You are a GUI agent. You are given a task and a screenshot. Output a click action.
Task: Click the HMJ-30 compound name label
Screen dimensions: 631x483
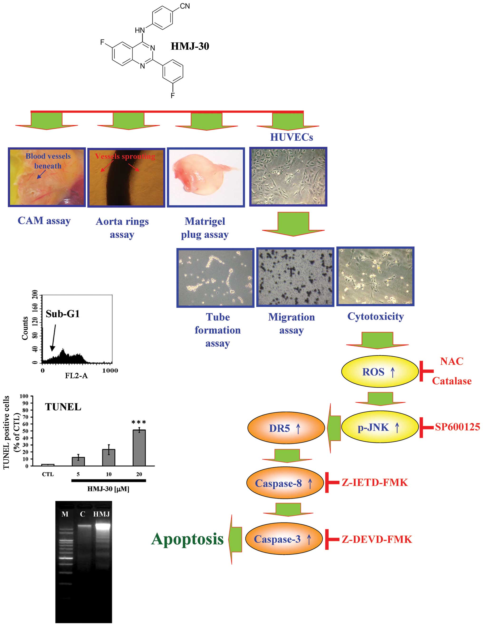[190, 46]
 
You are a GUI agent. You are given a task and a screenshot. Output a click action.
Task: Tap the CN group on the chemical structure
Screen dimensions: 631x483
[185, 6]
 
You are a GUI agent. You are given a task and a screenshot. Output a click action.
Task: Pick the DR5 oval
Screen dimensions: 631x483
[286, 428]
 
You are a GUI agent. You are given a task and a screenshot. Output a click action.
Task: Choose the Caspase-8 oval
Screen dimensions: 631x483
[285, 483]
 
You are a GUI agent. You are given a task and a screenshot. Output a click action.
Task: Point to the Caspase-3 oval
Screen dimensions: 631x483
[284, 539]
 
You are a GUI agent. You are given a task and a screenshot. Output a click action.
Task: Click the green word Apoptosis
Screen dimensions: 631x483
[187, 539]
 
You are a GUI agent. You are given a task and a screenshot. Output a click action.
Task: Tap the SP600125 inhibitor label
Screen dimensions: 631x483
[457, 427]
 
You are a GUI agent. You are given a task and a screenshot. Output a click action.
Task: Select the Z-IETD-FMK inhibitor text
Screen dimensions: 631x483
[374, 482]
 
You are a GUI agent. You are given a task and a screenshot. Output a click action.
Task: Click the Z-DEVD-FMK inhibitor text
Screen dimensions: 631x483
[377, 539]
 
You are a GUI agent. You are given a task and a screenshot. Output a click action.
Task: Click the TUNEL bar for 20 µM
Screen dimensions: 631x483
[139, 448]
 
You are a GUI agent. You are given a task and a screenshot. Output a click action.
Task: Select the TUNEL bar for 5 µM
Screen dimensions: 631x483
[78, 461]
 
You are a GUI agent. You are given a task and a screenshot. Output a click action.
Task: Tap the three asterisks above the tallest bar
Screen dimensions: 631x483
[139, 422]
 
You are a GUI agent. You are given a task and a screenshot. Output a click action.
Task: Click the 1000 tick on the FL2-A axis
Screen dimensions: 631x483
[110, 370]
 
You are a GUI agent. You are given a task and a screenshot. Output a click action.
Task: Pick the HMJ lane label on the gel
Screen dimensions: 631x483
[102, 514]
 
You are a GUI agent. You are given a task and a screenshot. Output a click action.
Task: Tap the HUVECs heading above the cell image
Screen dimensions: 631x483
[292, 137]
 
